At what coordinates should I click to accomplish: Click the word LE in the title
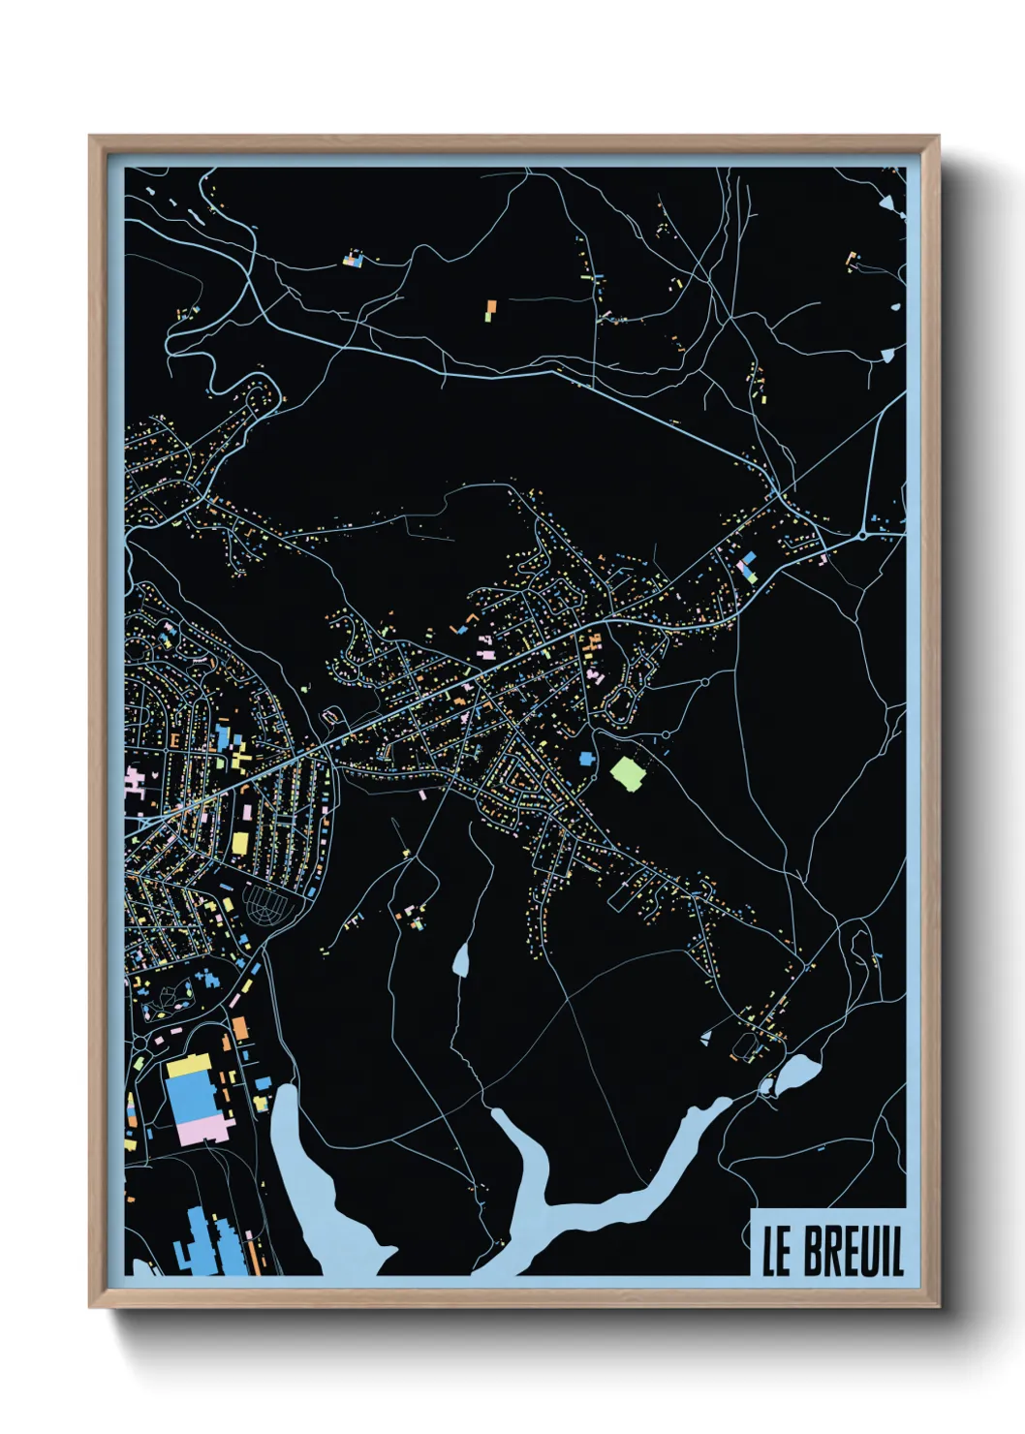(777, 1252)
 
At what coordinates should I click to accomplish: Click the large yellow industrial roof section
(189, 1067)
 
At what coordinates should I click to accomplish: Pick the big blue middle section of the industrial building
(190, 1096)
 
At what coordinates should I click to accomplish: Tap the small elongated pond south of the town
(461, 959)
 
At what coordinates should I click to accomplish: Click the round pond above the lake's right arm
(798, 1073)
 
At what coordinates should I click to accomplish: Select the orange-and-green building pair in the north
(490, 310)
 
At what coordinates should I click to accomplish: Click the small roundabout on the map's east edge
(862, 534)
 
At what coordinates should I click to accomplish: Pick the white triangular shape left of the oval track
(706, 1039)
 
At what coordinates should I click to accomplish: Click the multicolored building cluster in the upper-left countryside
(355, 259)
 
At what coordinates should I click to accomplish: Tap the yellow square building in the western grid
(239, 842)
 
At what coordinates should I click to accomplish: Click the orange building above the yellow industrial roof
(239, 1028)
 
